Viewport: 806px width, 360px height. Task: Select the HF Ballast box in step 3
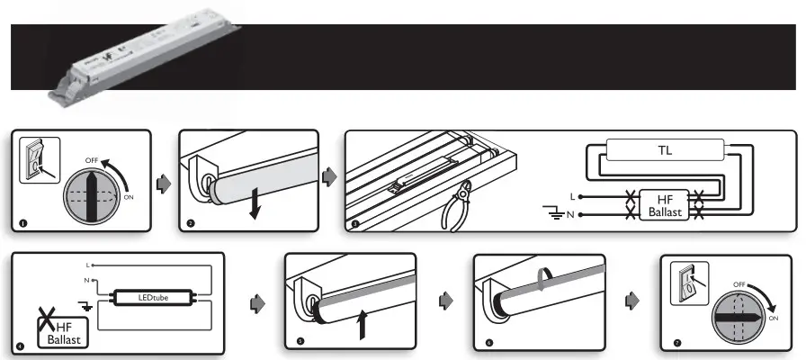(665, 205)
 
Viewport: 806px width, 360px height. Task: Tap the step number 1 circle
(22, 222)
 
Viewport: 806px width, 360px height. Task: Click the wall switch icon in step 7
(689, 283)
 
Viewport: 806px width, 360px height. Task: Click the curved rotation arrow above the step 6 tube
(543, 275)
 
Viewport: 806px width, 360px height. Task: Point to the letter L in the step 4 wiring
(88, 265)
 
